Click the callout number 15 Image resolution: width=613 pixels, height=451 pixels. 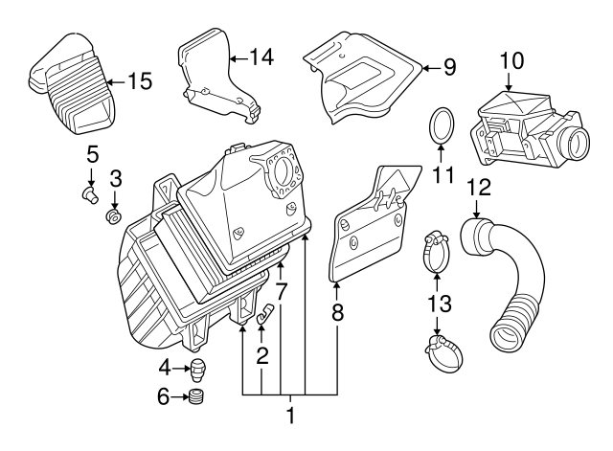[x=140, y=81]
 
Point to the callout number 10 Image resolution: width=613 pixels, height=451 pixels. [x=511, y=60]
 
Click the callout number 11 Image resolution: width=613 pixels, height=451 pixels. [x=442, y=175]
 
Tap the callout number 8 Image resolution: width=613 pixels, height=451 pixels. [x=337, y=311]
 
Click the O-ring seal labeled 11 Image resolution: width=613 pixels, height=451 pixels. [x=441, y=126]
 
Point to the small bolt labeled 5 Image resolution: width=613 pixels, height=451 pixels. [x=90, y=195]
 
